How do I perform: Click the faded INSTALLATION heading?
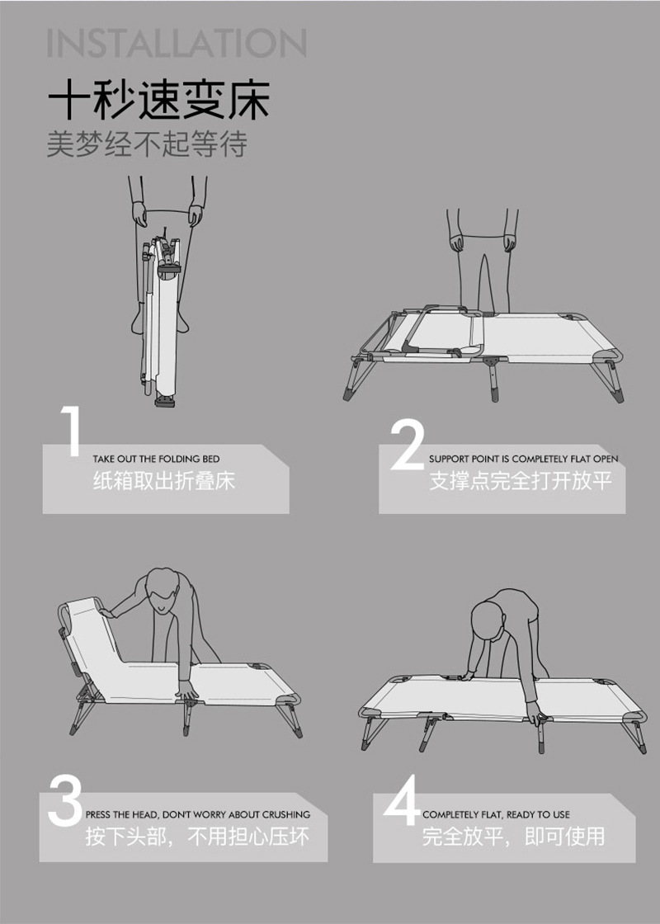[177, 43]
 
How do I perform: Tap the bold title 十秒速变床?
[158, 100]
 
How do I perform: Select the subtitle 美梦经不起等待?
[147, 144]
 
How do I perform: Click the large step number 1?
[71, 430]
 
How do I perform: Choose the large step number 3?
[65, 799]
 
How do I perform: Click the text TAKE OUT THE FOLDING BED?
[156, 459]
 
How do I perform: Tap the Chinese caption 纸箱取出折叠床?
[164, 481]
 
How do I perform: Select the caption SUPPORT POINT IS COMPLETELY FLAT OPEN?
[524, 459]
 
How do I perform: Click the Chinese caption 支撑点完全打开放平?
[521, 481]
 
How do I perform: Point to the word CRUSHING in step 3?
[285, 814]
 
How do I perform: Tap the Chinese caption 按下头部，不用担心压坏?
[197, 837]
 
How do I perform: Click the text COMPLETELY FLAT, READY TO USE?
[496, 814]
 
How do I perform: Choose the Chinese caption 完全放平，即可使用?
[513, 837]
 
